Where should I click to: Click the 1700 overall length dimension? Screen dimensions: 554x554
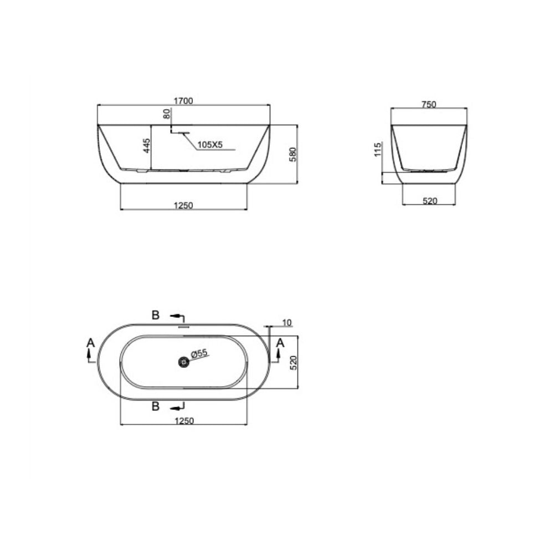183,101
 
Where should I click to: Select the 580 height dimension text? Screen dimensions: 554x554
294,154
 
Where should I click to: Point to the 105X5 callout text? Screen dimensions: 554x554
210,145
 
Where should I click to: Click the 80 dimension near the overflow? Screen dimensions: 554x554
166,114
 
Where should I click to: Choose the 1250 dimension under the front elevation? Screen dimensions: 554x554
183,206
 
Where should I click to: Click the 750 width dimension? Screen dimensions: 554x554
429,104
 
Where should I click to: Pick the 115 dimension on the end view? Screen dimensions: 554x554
378,150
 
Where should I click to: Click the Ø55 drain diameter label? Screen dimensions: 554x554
198,353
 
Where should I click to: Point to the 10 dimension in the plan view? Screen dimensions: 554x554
286,323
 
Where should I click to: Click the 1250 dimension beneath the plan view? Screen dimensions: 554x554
183,420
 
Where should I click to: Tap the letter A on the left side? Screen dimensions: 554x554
91,343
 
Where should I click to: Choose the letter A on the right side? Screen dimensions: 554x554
280,343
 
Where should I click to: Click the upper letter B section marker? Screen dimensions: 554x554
156,315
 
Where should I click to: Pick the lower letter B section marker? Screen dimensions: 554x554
156,407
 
